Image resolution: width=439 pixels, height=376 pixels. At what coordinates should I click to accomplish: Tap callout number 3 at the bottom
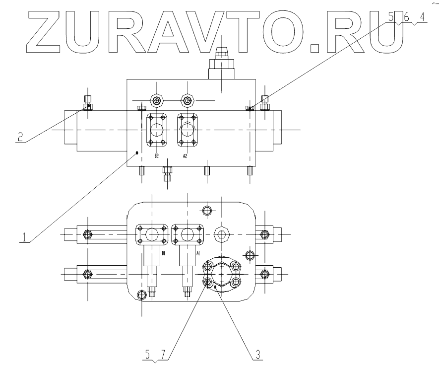(257, 354)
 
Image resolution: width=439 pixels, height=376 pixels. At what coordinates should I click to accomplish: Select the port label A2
(185, 156)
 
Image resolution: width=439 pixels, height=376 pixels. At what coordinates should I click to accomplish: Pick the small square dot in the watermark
(315, 48)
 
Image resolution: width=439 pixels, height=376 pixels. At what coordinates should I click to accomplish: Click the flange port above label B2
(157, 131)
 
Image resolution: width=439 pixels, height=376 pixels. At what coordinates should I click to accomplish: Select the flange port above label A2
(187, 131)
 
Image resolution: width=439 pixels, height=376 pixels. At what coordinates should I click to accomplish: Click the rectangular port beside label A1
(188, 235)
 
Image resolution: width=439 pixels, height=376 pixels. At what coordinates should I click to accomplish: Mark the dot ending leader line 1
(137, 152)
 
